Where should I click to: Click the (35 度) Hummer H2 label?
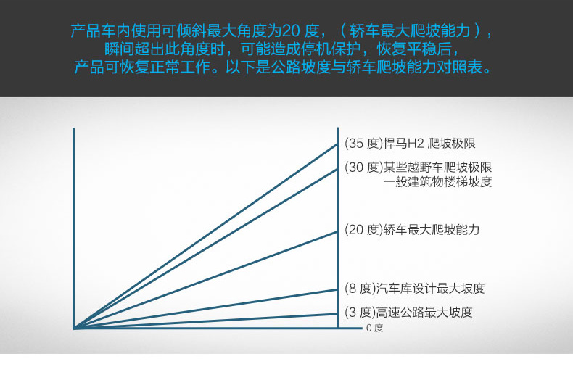point(410,144)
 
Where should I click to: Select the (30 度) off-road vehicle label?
point(418,168)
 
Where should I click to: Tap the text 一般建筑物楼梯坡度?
point(437,181)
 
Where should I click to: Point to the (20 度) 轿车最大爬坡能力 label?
point(412,229)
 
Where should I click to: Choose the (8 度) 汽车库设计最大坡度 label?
point(414,289)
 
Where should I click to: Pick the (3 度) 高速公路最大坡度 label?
point(408,313)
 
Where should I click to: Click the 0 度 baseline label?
point(374,328)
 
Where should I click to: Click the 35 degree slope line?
point(206,236)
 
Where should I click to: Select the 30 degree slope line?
point(206,249)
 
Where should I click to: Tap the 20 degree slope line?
point(206,280)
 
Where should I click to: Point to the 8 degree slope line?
point(206,309)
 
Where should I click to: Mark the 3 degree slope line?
point(206,321)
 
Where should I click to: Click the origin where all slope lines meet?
point(74,328)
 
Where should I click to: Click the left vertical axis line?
point(74,228)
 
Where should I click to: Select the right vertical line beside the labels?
point(338,228)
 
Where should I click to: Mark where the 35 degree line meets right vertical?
point(338,144)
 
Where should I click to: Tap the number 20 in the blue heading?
point(291,30)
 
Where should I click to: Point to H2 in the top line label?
point(416,144)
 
